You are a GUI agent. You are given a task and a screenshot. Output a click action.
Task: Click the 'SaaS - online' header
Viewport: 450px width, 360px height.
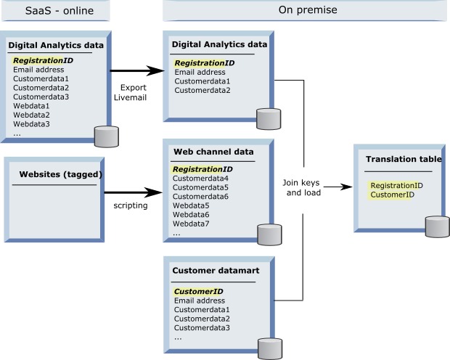(x=55, y=10)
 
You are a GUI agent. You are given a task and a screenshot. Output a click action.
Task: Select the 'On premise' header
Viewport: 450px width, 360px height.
(x=306, y=10)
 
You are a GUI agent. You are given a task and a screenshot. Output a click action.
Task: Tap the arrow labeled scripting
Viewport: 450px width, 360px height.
(x=132, y=193)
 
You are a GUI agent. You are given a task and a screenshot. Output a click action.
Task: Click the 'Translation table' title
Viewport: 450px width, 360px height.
(x=404, y=159)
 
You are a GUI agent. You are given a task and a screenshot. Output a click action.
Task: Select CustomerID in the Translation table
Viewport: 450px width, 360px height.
(x=392, y=195)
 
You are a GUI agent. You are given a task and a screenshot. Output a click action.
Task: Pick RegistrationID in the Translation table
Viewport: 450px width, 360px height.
(x=396, y=185)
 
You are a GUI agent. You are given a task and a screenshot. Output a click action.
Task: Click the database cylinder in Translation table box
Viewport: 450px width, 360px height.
(x=436, y=226)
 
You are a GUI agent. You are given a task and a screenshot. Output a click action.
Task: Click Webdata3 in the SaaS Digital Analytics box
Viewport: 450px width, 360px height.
(x=31, y=124)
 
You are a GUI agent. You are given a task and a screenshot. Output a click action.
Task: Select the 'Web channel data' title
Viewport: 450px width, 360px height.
(x=213, y=152)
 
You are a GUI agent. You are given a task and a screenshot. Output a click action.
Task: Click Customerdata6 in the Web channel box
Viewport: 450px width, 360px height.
(x=201, y=197)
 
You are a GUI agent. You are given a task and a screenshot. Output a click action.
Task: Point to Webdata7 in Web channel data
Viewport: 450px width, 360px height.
(x=192, y=224)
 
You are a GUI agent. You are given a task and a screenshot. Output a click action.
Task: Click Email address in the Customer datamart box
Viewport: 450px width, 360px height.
(x=200, y=300)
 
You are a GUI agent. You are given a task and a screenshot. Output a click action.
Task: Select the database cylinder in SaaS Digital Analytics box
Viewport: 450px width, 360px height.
(x=107, y=136)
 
